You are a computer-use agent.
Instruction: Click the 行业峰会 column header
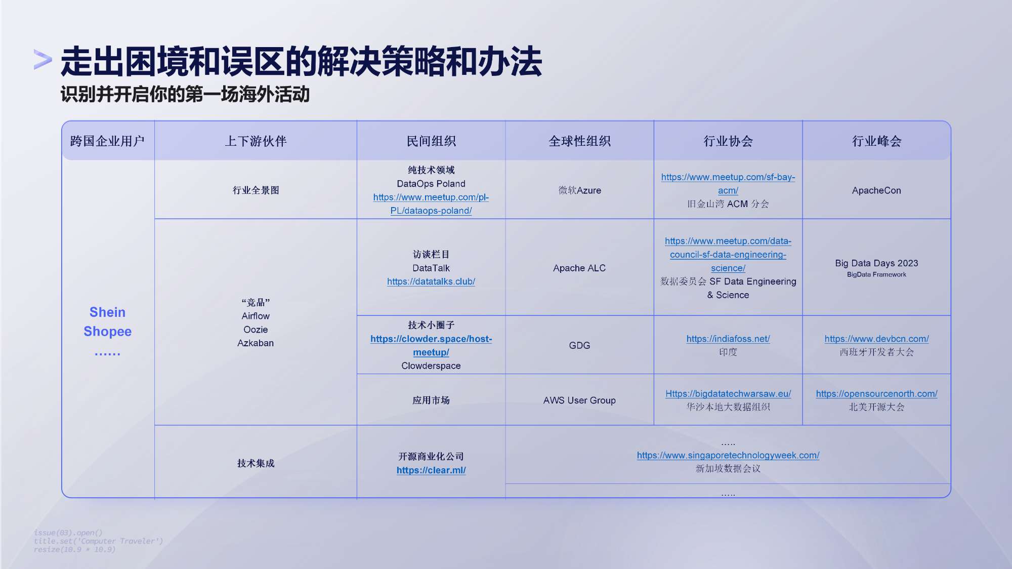pos(876,141)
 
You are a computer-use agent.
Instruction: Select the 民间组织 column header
pos(431,141)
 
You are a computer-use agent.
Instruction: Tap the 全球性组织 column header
pos(579,141)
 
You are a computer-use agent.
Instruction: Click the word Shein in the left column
pos(107,312)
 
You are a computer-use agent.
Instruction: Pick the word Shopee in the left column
pos(107,332)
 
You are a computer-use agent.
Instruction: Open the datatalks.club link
pos(431,281)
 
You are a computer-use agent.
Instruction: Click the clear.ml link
pos(431,470)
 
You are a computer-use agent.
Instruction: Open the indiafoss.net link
pos(728,339)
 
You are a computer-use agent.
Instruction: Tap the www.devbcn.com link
pos(876,339)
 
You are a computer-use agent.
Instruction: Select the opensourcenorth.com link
pos(876,394)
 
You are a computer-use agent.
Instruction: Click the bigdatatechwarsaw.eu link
pos(728,394)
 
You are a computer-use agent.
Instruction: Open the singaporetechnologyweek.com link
pos(728,455)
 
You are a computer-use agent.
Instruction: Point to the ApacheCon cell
pos(876,190)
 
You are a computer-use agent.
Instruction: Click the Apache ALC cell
pos(579,268)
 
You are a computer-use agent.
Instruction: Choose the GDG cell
pos(579,345)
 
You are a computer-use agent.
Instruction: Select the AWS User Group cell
pos(579,400)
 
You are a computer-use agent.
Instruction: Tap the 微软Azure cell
pos(579,190)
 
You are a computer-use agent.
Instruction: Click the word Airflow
pos(256,316)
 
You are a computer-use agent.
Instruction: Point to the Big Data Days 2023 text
pos(876,263)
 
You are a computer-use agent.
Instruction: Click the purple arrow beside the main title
pos(43,59)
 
